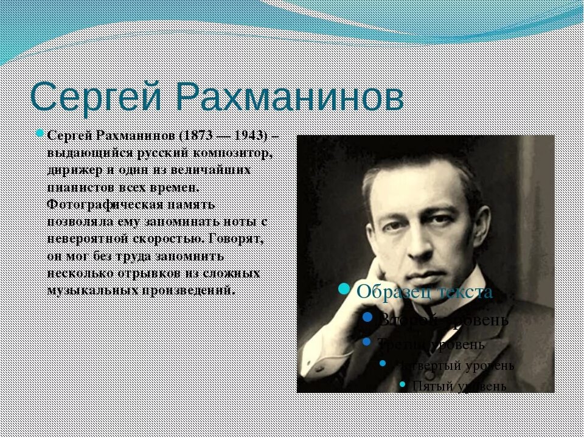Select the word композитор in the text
pyautogui.click(x=238, y=152)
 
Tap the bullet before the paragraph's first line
pyautogui.click(x=40, y=134)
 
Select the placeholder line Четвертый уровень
pyautogui.click(x=456, y=366)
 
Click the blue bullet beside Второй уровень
pyautogui.click(x=367, y=318)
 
